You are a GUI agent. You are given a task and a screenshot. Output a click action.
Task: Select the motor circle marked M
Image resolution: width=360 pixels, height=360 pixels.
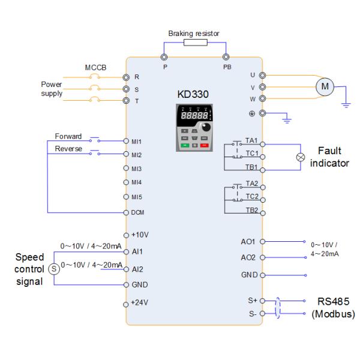[x=325, y=86]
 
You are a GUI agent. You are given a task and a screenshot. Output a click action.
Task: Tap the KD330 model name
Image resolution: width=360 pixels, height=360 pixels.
[x=193, y=95]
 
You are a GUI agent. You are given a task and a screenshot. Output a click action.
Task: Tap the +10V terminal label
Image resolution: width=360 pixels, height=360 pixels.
[x=139, y=235]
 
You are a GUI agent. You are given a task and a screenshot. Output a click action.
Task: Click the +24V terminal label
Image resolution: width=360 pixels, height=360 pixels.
[x=139, y=302]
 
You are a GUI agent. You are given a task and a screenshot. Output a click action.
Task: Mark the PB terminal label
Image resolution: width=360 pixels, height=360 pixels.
[x=226, y=67]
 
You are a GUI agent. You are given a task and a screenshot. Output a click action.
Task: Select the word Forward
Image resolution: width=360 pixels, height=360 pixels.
[x=68, y=136]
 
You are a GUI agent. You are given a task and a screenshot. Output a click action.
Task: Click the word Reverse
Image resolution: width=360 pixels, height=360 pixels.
[x=68, y=148]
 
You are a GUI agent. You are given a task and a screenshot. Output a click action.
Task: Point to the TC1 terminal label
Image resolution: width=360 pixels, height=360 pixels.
[x=251, y=153]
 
